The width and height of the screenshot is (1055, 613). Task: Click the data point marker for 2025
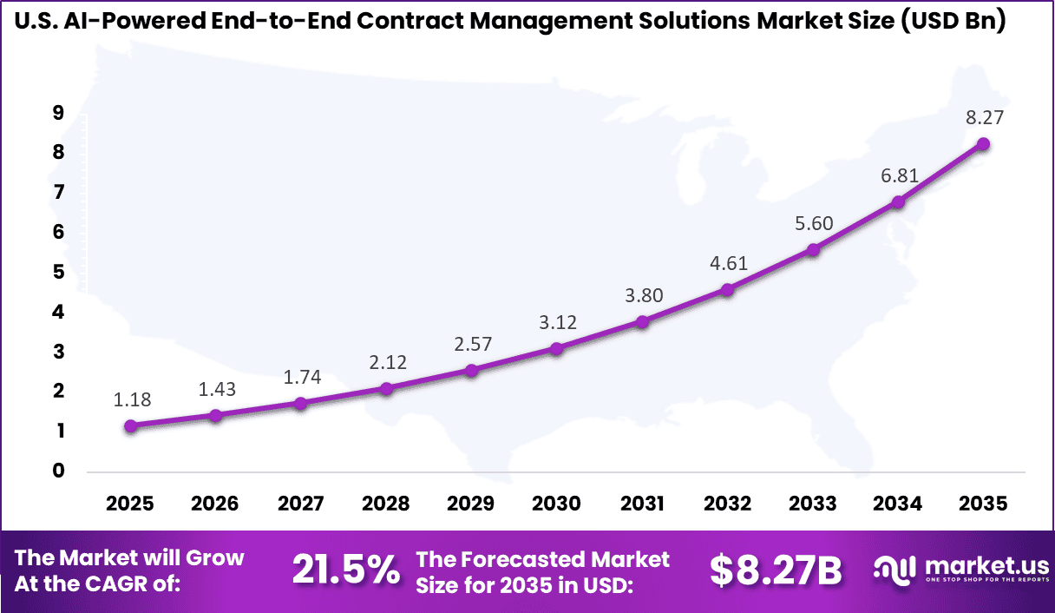tap(130, 425)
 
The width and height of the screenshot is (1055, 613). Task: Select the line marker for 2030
tap(556, 348)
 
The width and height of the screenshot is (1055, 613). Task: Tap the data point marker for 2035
tap(983, 144)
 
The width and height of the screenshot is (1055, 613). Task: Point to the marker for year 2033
tap(813, 250)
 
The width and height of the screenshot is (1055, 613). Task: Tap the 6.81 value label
tap(898, 176)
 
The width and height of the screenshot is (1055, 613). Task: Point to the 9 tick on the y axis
tap(58, 112)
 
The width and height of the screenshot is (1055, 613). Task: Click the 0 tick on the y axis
tap(58, 471)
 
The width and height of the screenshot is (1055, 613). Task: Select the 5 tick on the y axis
tap(58, 272)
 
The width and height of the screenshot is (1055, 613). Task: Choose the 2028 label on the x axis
tap(386, 504)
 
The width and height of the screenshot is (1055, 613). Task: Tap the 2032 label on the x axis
tap(727, 504)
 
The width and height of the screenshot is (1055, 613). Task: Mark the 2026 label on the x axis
tap(215, 504)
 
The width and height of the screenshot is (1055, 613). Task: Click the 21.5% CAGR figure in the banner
tap(345, 570)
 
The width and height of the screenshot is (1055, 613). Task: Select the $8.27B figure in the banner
tap(776, 570)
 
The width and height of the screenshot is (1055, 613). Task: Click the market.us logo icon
tap(894, 570)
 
